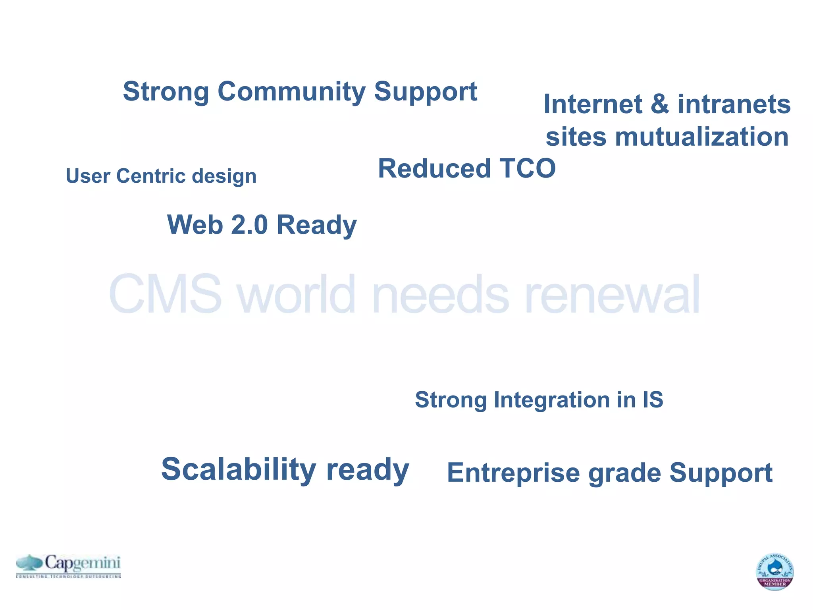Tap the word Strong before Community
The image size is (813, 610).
[x=166, y=91]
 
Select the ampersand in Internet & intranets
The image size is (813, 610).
[x=660, y=104]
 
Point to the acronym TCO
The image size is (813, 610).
[x=527, y=168]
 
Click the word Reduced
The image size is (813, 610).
[x=434, y=168]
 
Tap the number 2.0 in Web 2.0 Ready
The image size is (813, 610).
[x=249, y=225]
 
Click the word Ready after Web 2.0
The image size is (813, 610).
[x=316, y=226]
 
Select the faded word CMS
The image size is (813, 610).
[x=165, y=294]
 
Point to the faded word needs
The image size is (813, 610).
[x=440, y=294]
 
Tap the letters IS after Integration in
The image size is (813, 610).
[x=653, y=400]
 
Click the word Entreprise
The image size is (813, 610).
[x=513, y=473]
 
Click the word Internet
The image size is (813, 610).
[x=593, y=104]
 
